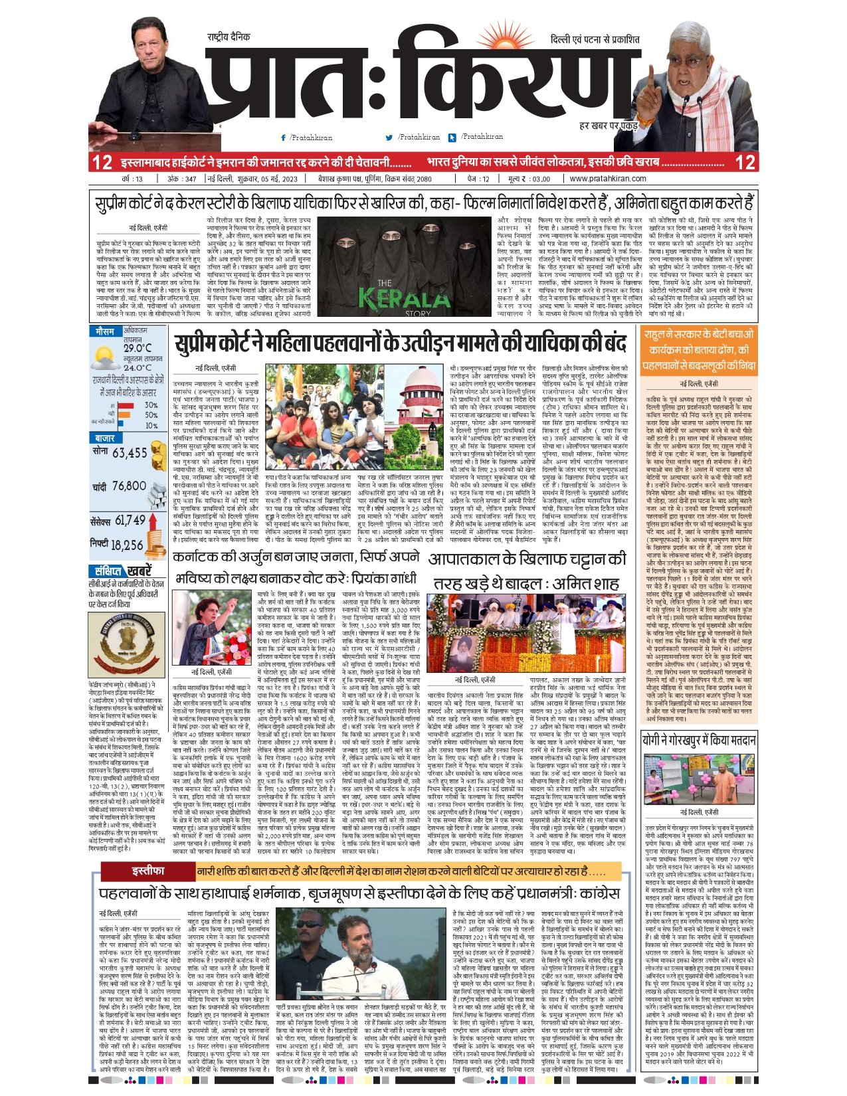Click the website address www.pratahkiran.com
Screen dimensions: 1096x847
tap(607, 179)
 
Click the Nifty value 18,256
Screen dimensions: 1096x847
tap(127, 545)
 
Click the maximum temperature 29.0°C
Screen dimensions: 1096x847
tap(137, 348)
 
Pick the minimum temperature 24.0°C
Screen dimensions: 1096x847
tap(137, 367)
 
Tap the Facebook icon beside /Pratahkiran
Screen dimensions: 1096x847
tap(284, 137)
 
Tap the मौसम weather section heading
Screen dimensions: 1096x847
tap(104, 331)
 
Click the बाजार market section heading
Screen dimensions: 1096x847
tap(105, 438)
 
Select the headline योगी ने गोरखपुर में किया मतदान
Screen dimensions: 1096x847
tap(698, 741)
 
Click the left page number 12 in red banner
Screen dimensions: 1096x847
tap(102, 163)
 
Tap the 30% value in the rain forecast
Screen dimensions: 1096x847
tap(151, 405)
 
